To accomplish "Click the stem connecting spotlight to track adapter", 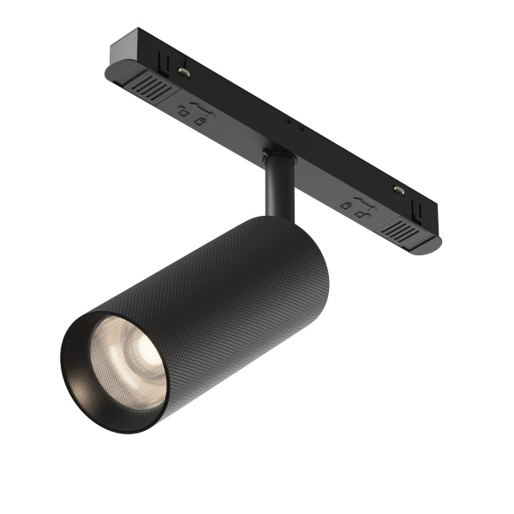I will (x=278, y=184).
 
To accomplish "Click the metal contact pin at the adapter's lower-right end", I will (x=397, y=189).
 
